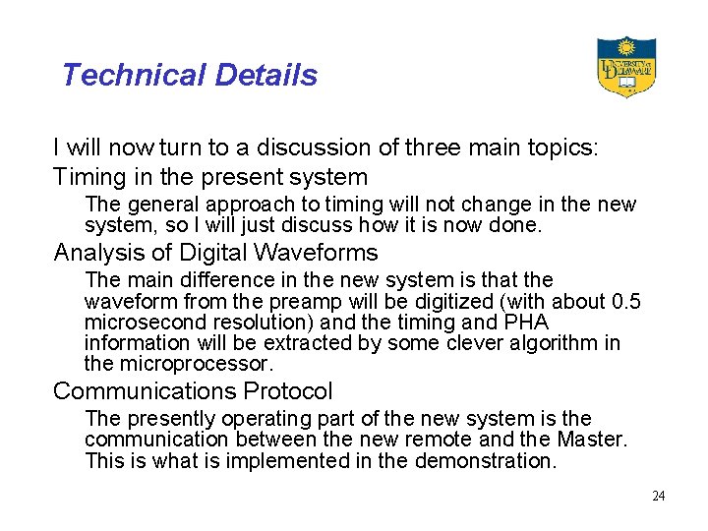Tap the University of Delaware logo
pyautogui.click(x=625, y=67)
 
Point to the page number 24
pyautogui.click(x=658, y=496)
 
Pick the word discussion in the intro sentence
pyautogui.click(x=322, y=147)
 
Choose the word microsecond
pyautogui.click(x=141, y=323)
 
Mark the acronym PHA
pyautogui.click(x=525, y=323)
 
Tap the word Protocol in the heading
pyautogui.click(x=288, y=391)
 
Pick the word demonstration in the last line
pyautogui.click(x=484, y=460)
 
